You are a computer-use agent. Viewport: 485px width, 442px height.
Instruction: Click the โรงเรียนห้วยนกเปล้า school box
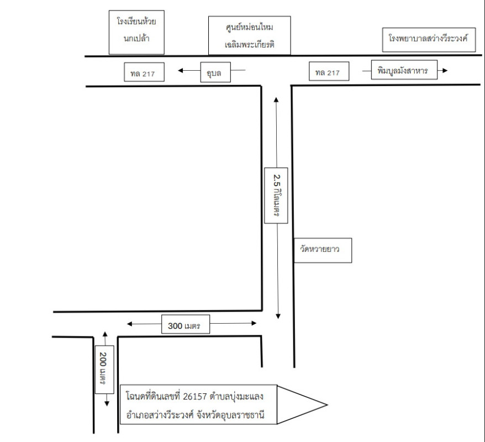(137, 31)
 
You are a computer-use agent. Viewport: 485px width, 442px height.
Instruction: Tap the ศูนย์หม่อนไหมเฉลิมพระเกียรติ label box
(250, 35)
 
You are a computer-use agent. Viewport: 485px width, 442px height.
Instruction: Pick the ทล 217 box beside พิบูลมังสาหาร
(328, 72)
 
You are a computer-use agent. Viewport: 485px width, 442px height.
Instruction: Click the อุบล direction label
(214, 72)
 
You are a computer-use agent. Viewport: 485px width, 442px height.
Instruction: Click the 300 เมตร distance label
(183, 327)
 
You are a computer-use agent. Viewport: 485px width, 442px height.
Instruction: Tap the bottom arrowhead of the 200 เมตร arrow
(104, 405)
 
